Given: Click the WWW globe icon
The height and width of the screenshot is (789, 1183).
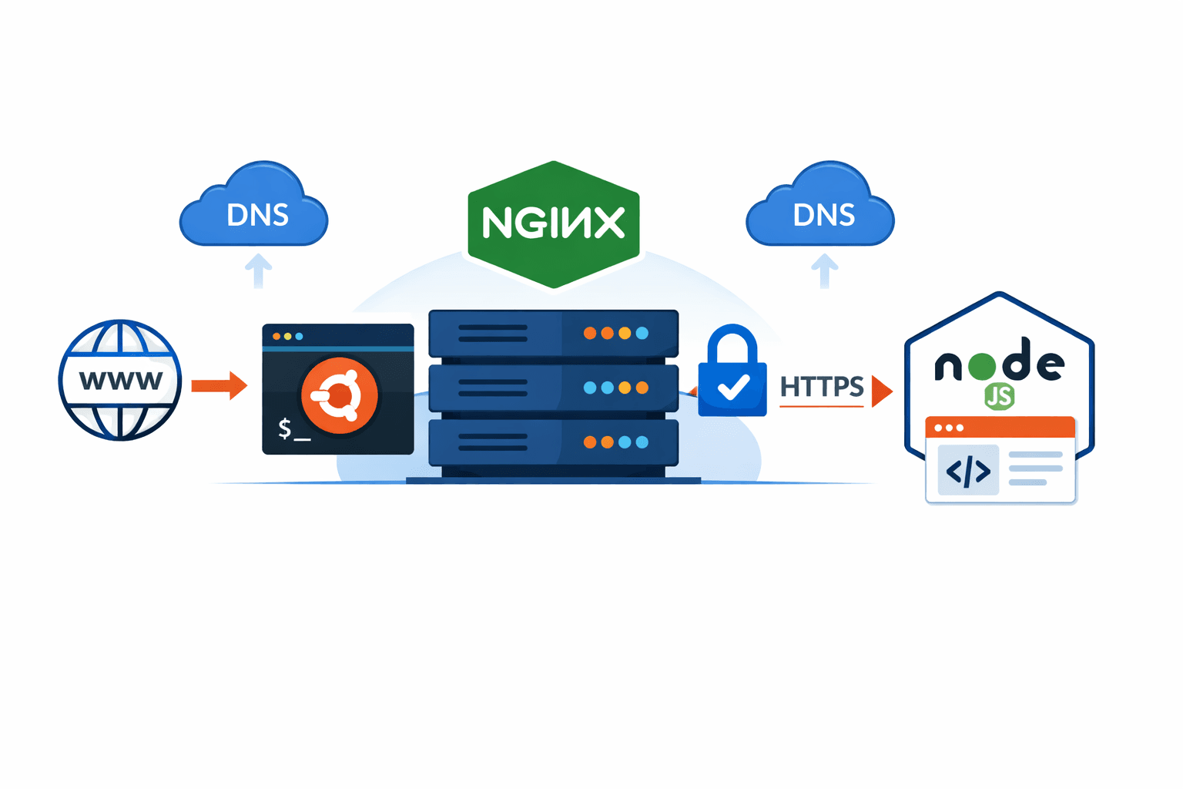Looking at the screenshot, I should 120,380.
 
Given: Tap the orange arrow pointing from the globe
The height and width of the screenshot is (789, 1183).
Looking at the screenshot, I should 220,385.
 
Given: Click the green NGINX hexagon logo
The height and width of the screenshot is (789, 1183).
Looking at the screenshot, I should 554,223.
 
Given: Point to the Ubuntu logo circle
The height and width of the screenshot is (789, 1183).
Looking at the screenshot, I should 340,396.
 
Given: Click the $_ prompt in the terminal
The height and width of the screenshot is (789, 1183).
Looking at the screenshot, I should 293,429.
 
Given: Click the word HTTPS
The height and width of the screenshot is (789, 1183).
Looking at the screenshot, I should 821,387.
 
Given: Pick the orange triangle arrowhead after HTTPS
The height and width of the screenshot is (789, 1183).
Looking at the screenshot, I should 881,391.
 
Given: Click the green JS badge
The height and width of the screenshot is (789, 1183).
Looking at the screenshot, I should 999,397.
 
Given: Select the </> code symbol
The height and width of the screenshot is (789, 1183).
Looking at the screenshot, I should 968,470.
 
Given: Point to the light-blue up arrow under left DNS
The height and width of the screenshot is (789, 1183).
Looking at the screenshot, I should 258,271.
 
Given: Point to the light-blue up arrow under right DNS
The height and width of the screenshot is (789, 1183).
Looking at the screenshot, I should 824,271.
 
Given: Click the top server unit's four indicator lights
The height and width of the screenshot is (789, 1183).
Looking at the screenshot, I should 615,334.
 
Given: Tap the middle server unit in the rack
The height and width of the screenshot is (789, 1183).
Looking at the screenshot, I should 553,388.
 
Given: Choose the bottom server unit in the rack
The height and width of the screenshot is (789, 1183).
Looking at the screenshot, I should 553,442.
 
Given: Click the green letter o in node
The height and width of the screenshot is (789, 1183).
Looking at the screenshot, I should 982,366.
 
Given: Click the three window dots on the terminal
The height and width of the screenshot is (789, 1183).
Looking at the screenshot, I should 288,337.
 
